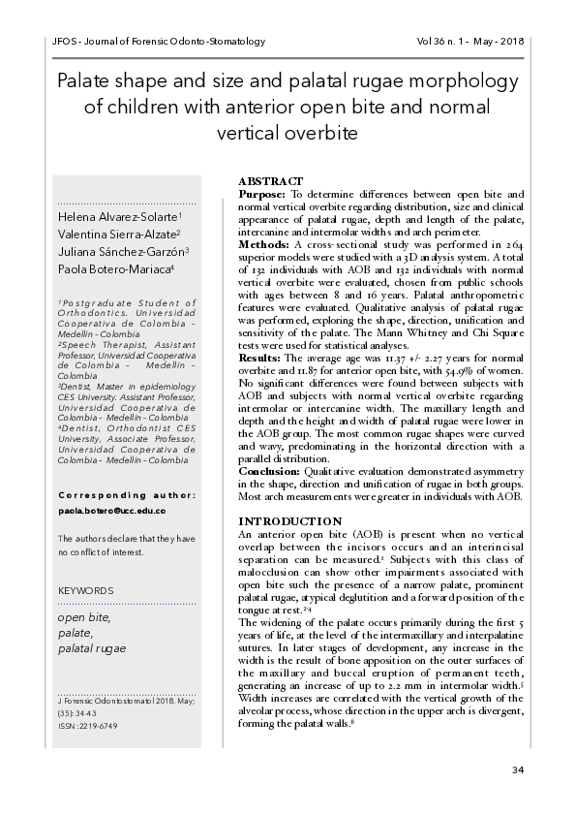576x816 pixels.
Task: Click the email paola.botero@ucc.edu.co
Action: point(111,511)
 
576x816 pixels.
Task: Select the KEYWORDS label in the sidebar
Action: point(86,590)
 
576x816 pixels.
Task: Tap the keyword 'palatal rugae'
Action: point(93,647)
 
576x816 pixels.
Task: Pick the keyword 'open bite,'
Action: point(84,616)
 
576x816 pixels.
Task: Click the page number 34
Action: point(517,769)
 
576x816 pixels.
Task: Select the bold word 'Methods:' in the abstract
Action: point(263,245)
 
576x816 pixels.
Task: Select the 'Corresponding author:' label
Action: point(127,495)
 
